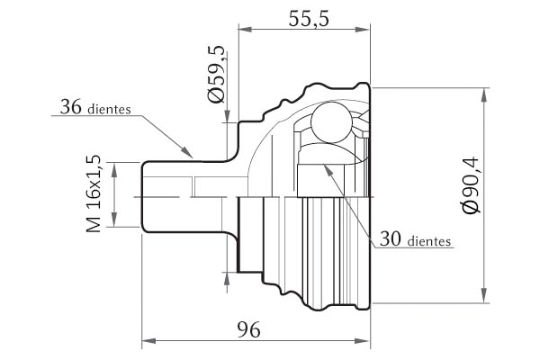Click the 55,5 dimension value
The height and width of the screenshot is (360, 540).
click(x=309, y=19)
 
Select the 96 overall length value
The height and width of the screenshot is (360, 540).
click(x=248, y=330)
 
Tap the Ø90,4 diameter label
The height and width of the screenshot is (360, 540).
click(x=471, y=185)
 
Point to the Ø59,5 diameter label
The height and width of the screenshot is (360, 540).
click(x=216, y=74)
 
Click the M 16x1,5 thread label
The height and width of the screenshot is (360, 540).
click(x=94, y=194)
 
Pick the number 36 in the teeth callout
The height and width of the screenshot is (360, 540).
click(x=71, y=106)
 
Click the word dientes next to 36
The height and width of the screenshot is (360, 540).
click(x=110, y=109)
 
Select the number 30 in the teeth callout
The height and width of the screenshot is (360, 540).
click(x=391, y=238)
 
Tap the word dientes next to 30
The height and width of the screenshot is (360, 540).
click(x=429, y=241)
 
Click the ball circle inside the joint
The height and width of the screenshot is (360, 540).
click(x=331, y=122)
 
